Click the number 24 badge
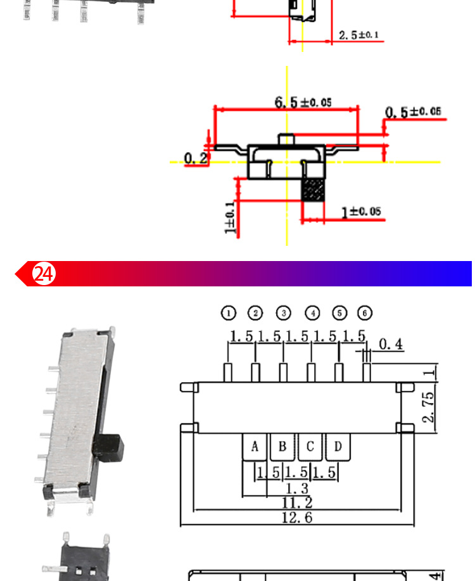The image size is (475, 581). tap(44, 274)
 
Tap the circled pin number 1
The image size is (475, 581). tap(228, 312)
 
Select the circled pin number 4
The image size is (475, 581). tap(312, 312)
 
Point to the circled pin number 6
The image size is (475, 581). tap(365, 312)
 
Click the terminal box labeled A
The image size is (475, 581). tap(255, 447)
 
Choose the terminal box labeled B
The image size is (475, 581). tap(282, 447)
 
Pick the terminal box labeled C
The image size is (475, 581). tap(310, 447)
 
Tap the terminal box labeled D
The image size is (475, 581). tap(338, 447)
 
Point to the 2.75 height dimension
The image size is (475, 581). tap(428, 407)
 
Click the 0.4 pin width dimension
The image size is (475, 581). tap(390, 344)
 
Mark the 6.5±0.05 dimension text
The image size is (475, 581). tap(303, 102)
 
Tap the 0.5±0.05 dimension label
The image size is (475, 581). tap(412, 112)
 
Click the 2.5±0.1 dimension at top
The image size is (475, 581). tap(358, 35)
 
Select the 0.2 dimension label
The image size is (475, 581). tap(195, 158)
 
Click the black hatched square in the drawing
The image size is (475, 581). tap(313, 190)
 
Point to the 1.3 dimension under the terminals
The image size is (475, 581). tap(296, 488)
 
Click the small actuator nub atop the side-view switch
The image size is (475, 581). tap(287, 139)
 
